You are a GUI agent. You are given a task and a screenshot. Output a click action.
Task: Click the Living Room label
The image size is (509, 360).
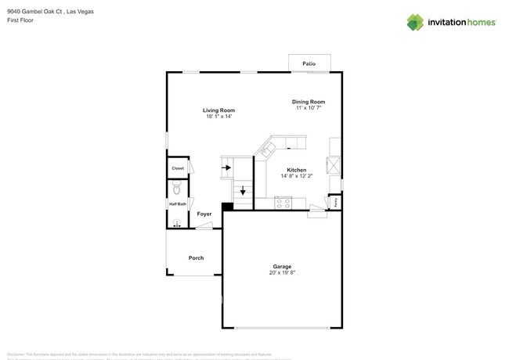(x=218, y=110)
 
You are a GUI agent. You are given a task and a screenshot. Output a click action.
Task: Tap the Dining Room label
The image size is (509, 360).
(x=308, y=102)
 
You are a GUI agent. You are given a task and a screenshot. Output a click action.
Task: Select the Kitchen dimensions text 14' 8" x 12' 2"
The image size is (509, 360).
(x=296, y=176)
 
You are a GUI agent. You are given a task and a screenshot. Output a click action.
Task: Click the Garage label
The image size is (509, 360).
(x=282, y=266)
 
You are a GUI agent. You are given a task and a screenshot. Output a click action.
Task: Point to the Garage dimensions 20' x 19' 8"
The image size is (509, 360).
(x=282, y=272)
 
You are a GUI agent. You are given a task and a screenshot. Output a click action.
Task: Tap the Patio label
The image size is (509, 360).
(x=309, y=63)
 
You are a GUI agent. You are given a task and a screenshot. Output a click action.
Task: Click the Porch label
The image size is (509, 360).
(x=196, y=257)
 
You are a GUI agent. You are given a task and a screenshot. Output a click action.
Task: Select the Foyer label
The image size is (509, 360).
(x=204, y=214)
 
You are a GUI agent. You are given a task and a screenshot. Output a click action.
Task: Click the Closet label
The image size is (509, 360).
(x=178, y=168)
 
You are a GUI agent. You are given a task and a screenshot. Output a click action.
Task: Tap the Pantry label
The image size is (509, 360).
(x=336, y=201)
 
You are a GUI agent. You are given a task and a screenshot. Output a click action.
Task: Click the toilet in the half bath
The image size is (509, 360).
(x=177, y=189)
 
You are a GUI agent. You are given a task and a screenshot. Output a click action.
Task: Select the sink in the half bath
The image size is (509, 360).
(x=177, y=223)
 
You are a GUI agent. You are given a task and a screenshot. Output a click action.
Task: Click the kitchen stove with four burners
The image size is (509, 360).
(x=283, y=203)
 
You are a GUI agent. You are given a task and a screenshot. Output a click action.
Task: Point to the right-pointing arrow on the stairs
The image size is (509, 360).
(x=227, y=167)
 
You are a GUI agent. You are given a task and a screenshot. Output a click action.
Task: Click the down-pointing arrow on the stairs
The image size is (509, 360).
(x=243, y=190)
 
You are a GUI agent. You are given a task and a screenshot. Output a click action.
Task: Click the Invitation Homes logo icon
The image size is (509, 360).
(x=415, y=22)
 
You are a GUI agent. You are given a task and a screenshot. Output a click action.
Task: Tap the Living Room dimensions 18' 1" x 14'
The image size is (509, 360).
(x=218, y=117)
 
